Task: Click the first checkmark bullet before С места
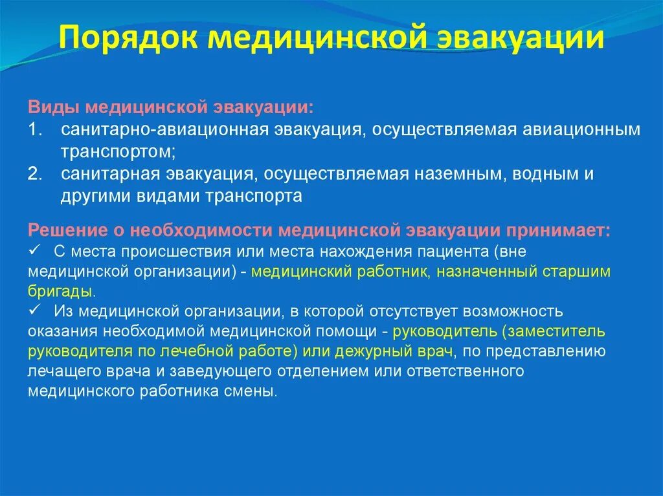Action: [35, 250]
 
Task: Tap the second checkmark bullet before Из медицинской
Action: [35, 312]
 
